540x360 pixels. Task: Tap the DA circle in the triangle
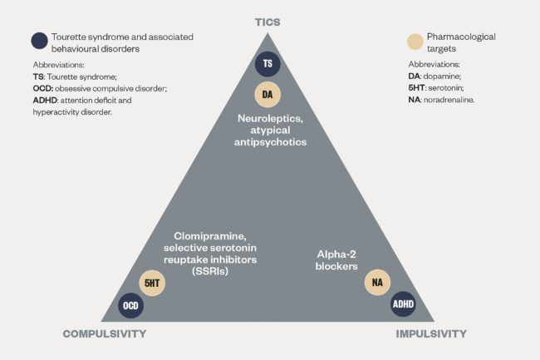(x=268, y=94)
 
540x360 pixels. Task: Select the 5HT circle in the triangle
(x=153, y=283)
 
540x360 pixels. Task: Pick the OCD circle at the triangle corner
(x=131, y=305)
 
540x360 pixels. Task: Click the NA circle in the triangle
(x=379, y=283)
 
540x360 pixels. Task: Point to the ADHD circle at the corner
(x=402, y=305)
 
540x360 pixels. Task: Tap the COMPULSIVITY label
(x=105, y=334)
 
